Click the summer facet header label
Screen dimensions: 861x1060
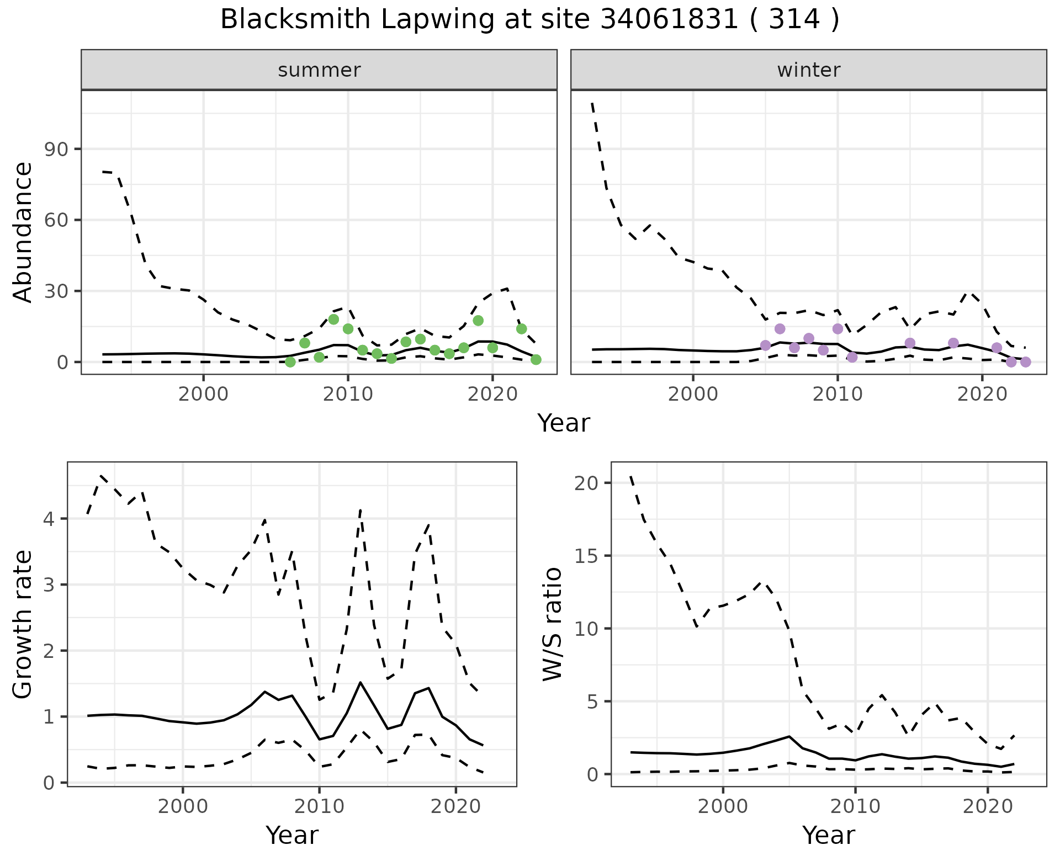319,70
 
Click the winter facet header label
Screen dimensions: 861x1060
808,70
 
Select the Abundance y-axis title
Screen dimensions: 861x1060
23,232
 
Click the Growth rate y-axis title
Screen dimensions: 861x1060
23,624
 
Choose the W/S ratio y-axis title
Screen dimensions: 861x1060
552,624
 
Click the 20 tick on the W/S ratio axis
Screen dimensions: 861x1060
586,483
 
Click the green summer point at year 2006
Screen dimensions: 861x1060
290,362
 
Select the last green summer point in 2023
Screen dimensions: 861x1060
536,360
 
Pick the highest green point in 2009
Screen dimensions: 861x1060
333,320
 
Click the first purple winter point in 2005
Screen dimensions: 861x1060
765,346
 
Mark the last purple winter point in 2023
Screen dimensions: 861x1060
1026,362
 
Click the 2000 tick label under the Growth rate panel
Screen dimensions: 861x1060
182,806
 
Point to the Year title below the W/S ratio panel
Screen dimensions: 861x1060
828,836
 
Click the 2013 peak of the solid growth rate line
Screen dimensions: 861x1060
361,682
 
